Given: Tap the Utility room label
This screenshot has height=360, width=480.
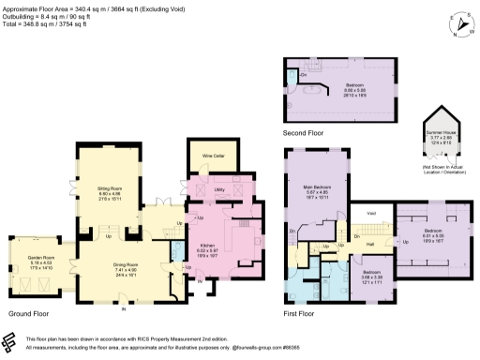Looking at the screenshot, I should click(217, 189).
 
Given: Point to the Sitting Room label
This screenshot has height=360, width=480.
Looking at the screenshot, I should click(112, 189).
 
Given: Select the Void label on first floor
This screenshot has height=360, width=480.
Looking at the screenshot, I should click(371, 212).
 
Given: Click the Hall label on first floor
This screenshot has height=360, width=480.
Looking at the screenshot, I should click(369, 244).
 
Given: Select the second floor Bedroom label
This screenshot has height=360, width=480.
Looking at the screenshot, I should click(354, 85).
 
